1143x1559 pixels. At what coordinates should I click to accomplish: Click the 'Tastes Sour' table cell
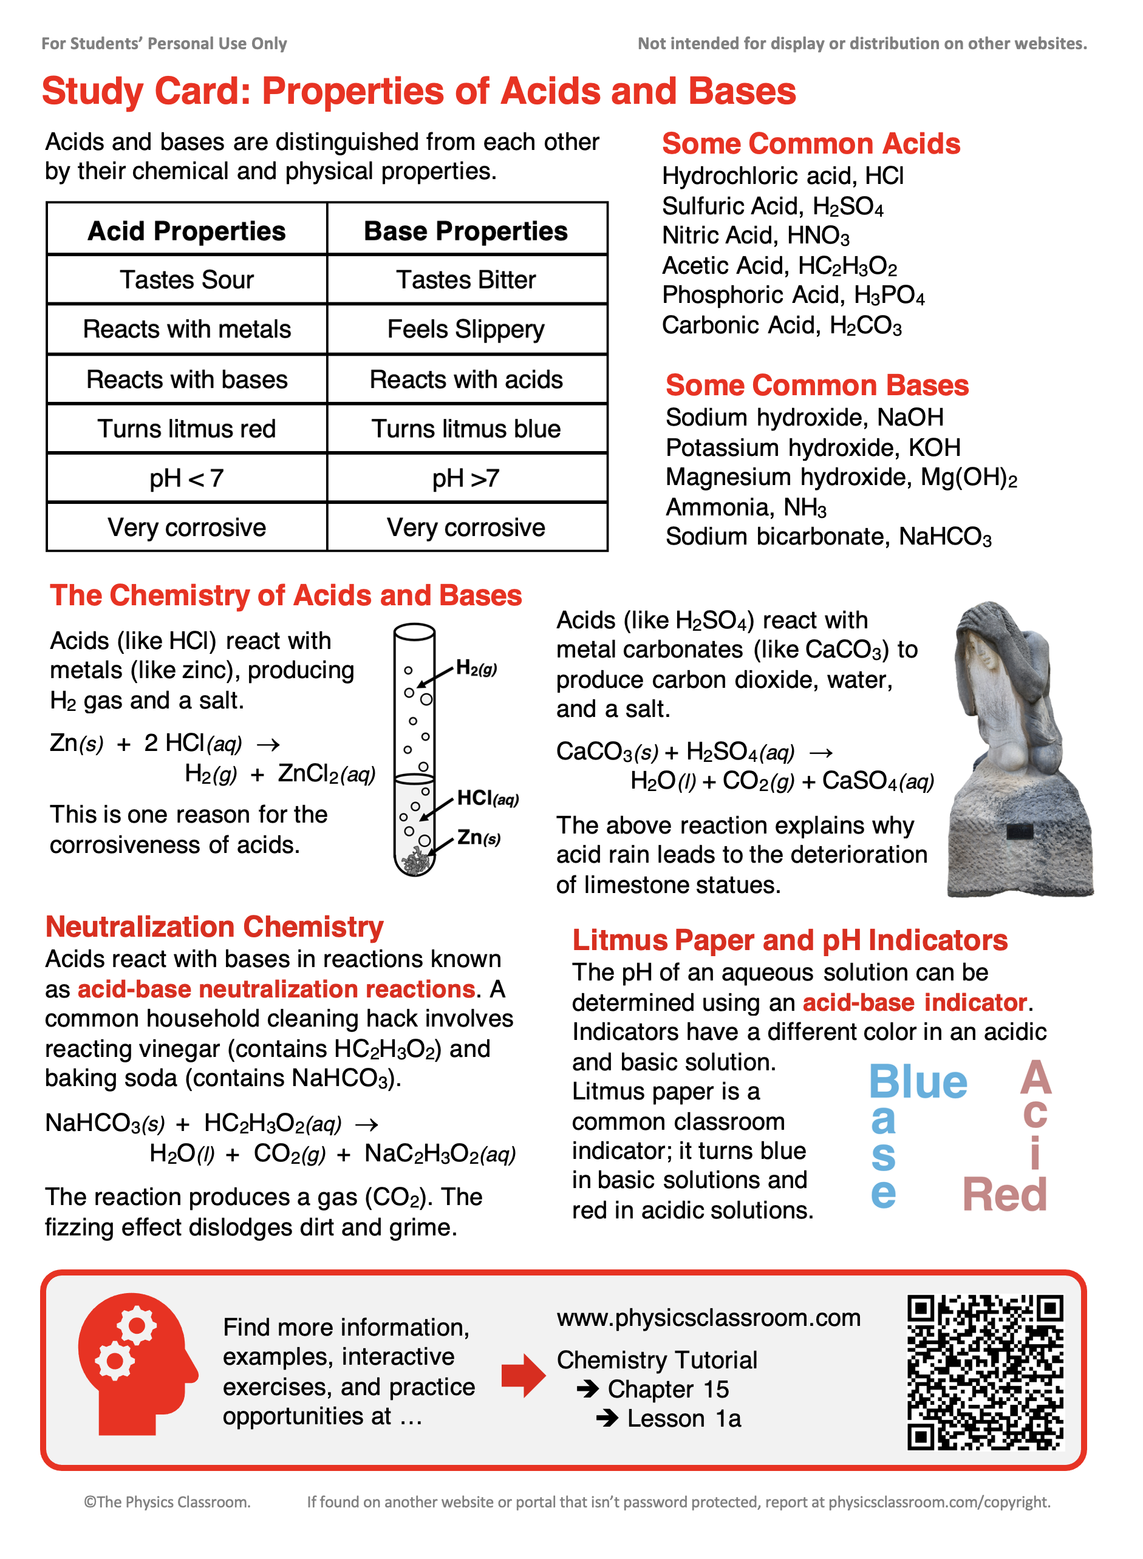187,280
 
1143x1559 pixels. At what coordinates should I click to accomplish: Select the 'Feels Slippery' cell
466,330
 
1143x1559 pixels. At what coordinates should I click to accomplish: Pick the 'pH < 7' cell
187,478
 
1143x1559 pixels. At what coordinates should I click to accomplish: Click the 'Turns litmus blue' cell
466,429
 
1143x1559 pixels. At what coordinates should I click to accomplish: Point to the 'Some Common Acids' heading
811,144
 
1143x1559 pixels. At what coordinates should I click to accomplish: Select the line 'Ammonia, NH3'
746,508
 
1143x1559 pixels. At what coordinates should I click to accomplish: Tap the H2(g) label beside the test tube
476,668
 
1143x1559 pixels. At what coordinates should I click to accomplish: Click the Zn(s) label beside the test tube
478,838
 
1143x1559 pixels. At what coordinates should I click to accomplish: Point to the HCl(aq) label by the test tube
487,798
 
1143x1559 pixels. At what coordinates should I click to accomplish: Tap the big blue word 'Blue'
918,1082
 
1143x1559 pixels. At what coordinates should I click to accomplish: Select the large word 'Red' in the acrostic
1005,1195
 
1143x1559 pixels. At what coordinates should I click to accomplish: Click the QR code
985,1372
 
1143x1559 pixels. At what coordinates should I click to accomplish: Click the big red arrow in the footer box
523,1375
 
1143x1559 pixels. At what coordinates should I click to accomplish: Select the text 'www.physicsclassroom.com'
709,1319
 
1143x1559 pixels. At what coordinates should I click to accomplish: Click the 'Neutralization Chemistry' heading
214,927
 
